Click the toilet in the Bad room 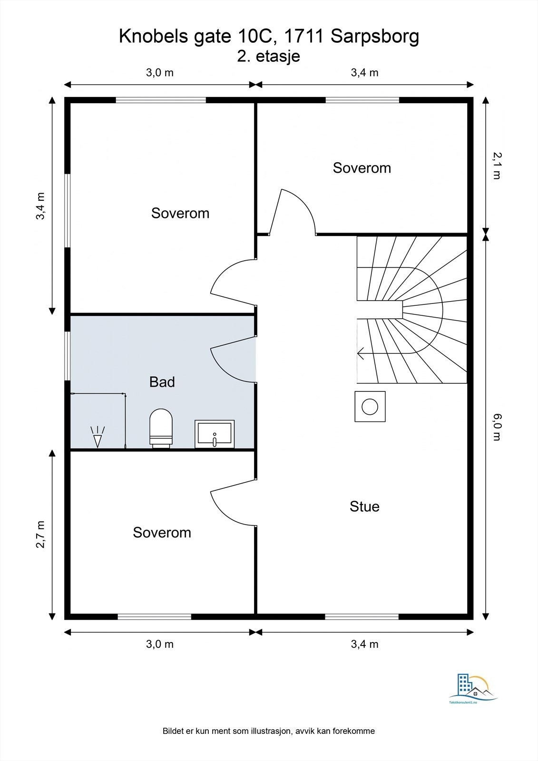pos(161,429)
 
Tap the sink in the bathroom pos(215,434)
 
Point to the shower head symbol pos(98,437)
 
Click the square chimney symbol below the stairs pos(370,406)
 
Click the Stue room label pos(364,506)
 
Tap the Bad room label pos(162,382)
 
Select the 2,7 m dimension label pos(40,535)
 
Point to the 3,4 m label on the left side pos(40,206)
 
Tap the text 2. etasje pos(268,56)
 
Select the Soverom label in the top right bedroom pos(362,168)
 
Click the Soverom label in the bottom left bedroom pos(162,532)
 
